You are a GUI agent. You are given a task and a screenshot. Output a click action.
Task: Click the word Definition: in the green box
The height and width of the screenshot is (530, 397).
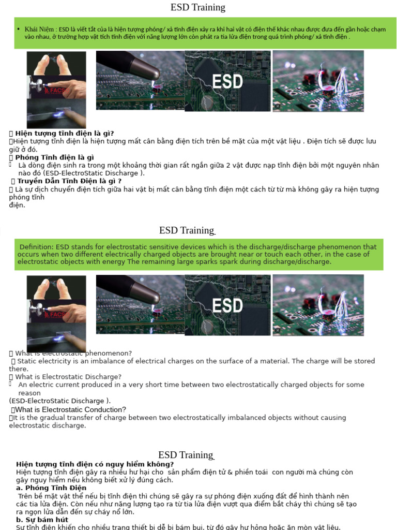coord(37,247)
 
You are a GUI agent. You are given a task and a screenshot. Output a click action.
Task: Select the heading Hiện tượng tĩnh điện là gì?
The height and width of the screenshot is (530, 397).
coord(65,133)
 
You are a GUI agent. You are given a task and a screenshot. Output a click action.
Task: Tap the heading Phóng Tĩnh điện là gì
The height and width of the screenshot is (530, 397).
coord(54,157)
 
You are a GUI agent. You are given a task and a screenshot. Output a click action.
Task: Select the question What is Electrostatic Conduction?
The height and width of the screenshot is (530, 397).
coord(70,409)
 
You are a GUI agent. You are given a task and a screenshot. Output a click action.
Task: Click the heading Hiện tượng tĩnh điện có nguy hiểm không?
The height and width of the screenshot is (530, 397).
coord(95,464)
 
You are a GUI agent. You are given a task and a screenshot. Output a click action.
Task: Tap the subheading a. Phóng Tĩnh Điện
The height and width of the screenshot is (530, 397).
coord(51,488)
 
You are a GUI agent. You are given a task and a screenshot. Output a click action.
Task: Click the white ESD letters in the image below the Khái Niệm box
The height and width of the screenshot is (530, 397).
coord(227,81)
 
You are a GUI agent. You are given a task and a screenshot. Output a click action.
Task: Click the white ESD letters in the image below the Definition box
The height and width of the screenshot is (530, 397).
coord(227,305)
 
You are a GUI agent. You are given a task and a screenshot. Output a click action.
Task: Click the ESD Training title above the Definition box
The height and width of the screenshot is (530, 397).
coord(186,230)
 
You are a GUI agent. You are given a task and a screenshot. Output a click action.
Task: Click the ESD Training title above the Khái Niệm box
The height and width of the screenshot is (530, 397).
coord(198,7)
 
